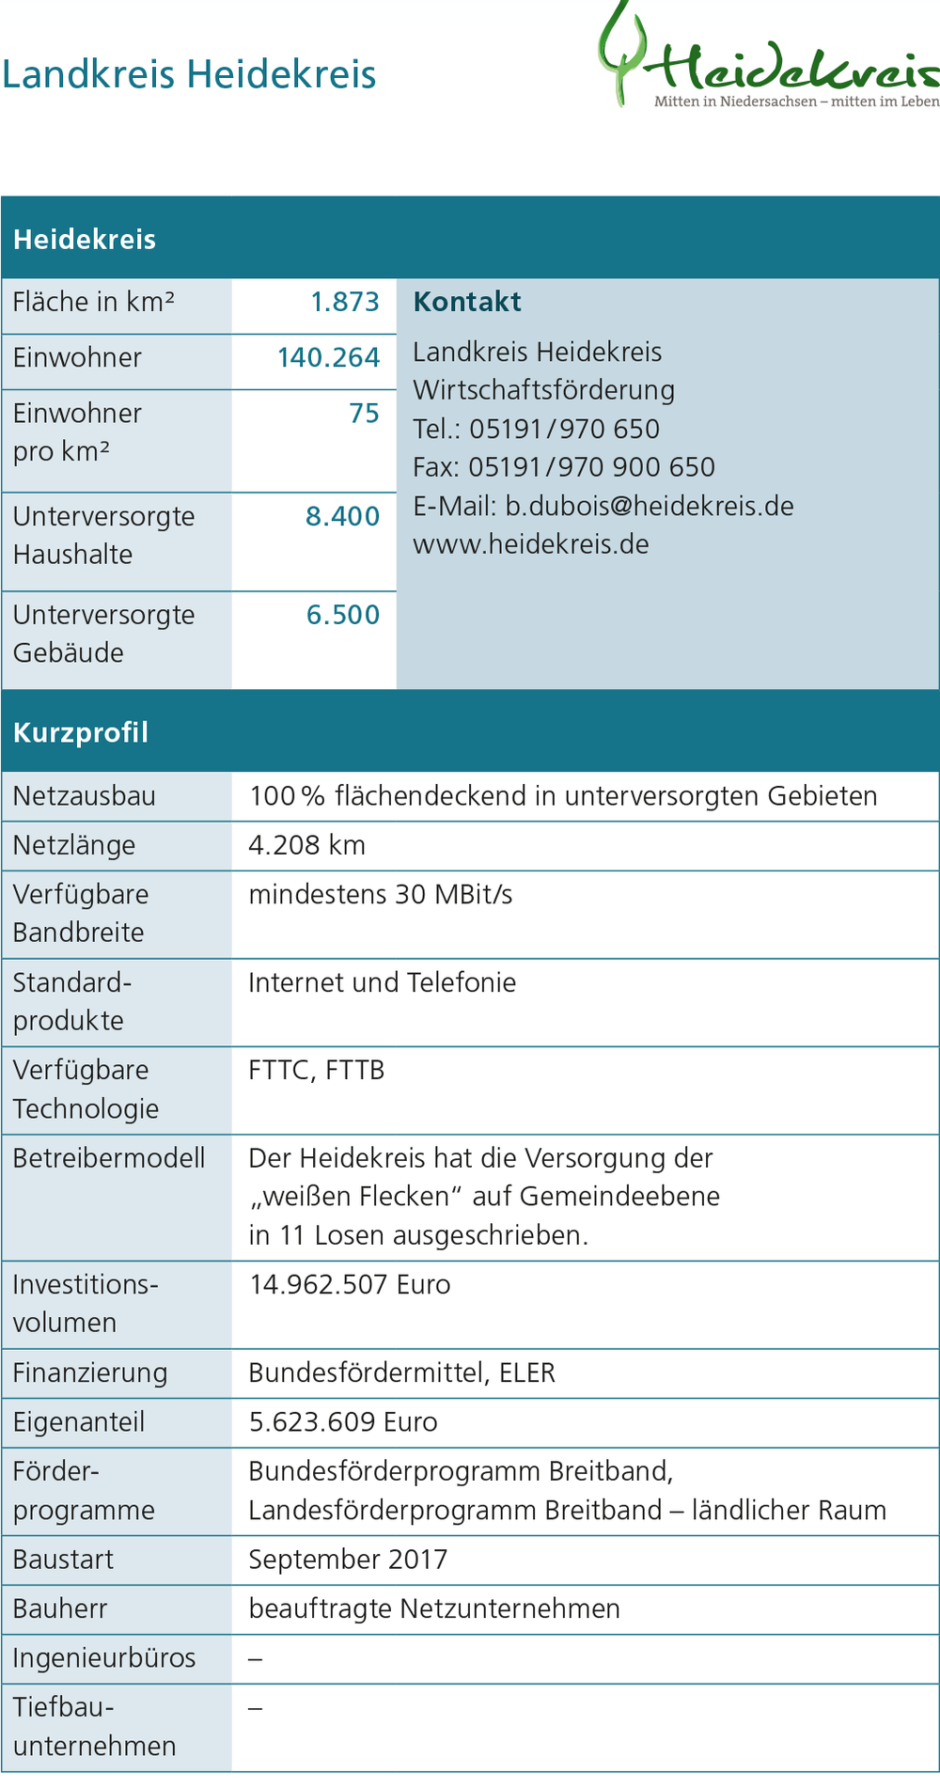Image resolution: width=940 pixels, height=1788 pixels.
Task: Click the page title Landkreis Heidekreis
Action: point(189,75)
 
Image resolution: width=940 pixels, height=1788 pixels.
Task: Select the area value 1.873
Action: point(345,302)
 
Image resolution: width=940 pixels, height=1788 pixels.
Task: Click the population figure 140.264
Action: point(328,357)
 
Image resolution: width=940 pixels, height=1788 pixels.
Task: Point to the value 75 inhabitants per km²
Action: point(364,414)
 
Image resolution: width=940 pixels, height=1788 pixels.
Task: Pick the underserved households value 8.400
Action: point(342,516)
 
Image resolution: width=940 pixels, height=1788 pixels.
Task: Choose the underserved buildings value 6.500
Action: point(343,615)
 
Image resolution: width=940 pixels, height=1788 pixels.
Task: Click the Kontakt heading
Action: point(467,302)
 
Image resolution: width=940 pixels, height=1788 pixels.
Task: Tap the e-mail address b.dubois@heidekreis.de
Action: point(649,506)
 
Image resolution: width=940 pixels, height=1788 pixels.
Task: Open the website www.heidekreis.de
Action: point(531,544)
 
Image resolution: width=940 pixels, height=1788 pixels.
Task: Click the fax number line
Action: point(564,467)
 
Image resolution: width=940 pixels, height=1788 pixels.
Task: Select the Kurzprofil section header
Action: point(81,732)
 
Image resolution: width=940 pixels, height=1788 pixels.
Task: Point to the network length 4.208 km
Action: point(306,845)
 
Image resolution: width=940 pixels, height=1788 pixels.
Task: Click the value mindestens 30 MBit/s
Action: point(381,894)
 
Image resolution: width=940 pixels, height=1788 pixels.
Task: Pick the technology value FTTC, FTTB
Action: point(317,1070)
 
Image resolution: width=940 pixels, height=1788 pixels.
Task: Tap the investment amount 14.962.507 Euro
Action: point(350,1284)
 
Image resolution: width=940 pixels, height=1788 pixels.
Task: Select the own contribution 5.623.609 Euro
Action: point(343,1421)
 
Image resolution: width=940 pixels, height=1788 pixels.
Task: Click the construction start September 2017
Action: point(348,1560)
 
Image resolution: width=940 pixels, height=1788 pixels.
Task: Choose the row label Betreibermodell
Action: point(109,1158)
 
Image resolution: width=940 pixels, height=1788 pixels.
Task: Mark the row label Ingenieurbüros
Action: point(104,1658)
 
